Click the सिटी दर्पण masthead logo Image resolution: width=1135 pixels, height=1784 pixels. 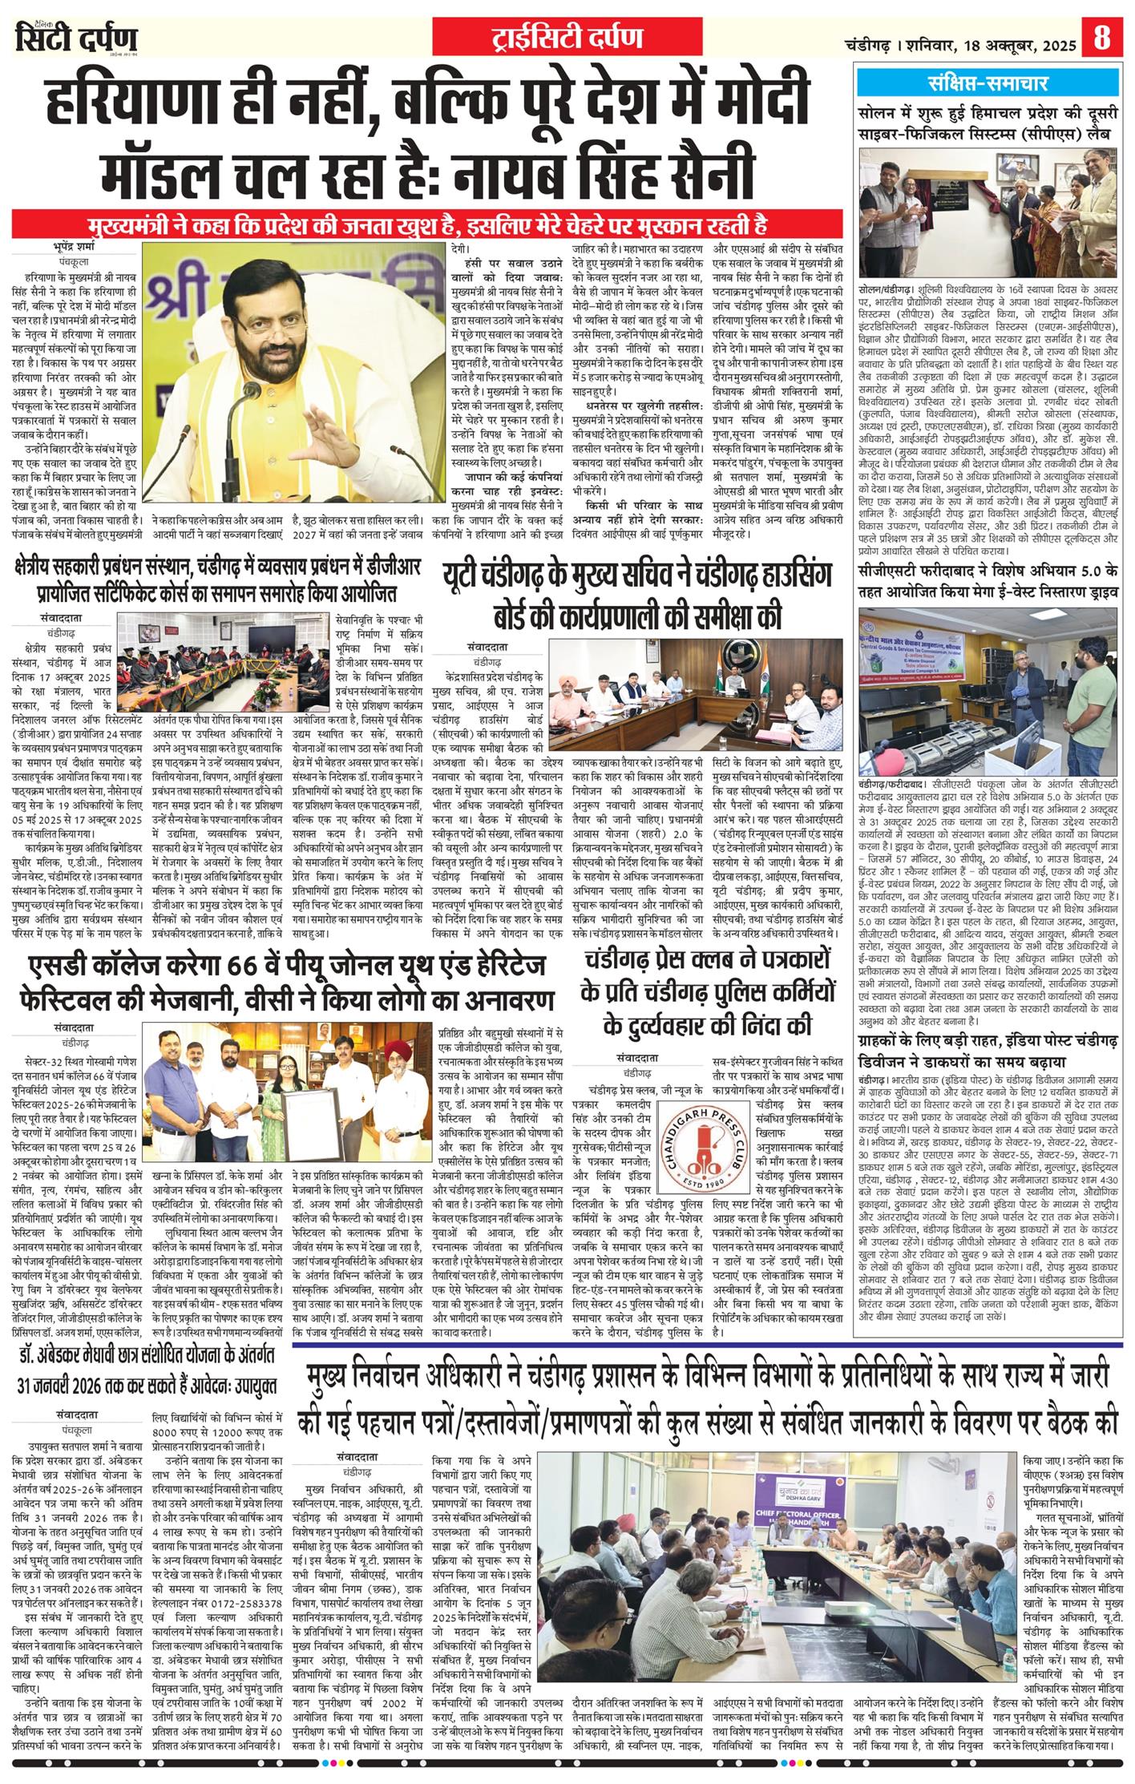point(77,38)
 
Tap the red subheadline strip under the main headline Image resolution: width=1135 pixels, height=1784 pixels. point(429,222)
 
